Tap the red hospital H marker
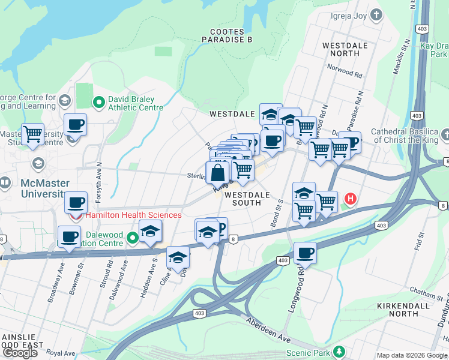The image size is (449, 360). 349,199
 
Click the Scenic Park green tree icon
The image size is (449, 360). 339,351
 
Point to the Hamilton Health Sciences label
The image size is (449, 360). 133,215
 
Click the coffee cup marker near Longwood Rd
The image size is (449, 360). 305,253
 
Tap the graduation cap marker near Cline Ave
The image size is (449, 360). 178,257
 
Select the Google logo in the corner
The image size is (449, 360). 20,352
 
